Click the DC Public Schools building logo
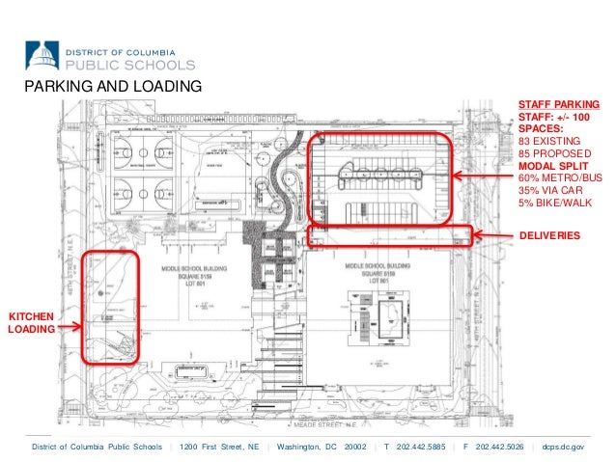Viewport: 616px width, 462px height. click(x=42, y=55)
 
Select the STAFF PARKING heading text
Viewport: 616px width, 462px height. click(x=559, y=103)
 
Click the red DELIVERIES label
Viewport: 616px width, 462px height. click(x=549, y=234)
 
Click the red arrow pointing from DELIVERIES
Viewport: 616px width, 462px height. click(x=495, y=234)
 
